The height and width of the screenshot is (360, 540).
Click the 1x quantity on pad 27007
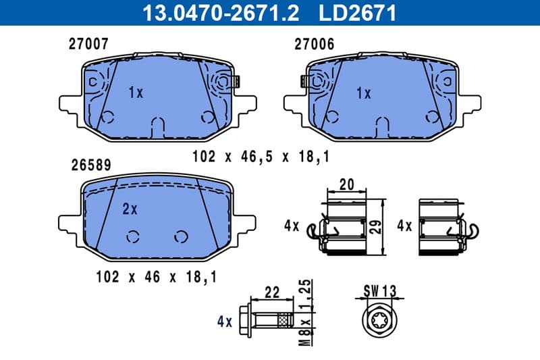tap(135, 93)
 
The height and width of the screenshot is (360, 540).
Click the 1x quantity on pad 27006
tap(363, 93)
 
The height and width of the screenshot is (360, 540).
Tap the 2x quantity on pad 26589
tap(130, 209)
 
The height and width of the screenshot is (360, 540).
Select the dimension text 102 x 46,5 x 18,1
tap(261, 157)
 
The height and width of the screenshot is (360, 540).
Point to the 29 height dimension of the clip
tap(378, 226)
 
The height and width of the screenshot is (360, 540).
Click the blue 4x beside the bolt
tap(225, 322)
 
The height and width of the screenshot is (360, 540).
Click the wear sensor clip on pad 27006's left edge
tap(306, 82)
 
